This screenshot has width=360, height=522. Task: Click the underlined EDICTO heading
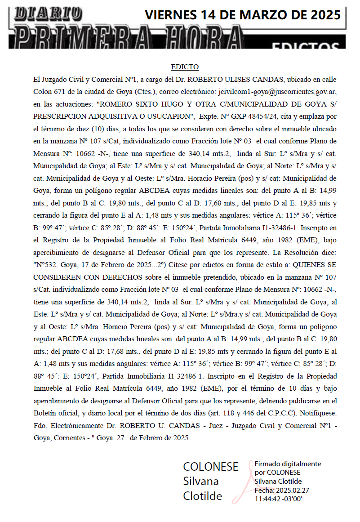point(185,67)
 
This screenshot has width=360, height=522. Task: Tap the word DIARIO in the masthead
point(49,14)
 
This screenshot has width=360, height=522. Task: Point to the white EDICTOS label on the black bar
point(306,46)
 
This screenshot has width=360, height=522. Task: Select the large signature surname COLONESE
point(210,467)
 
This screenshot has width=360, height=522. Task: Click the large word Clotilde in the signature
point(202,496)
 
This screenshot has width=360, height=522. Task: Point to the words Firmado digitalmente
point(288,464)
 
